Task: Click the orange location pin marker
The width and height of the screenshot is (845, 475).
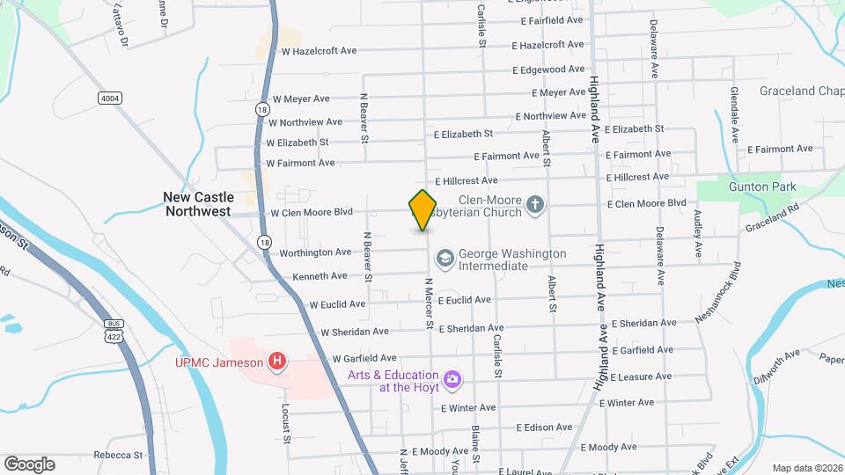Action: point(422,210)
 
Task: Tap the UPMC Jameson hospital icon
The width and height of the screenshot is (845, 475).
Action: point(278,361)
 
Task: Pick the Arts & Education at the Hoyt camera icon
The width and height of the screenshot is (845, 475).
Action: point(452,378)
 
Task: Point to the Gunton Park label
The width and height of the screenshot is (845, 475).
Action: point(762,186)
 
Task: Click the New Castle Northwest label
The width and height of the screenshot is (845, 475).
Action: point(197,204)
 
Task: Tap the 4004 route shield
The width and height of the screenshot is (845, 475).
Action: point(110,99)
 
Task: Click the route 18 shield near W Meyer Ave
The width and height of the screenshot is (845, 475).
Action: point(261,108)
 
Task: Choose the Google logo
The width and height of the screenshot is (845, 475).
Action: point(29,464)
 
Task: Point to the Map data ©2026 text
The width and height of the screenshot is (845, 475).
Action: point(806,468)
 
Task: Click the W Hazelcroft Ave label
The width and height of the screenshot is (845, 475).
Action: point(319,51)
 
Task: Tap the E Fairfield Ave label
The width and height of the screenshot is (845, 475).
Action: point(552,19)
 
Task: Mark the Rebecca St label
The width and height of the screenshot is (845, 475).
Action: point(118,455)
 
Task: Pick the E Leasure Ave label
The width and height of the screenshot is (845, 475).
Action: point(640,376)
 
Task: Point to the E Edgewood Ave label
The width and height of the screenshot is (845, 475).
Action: point(552,69)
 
